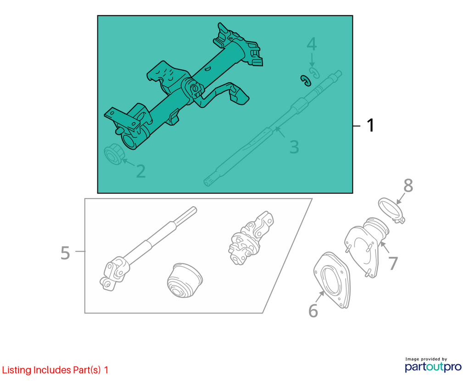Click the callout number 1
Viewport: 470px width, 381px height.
click(371, 125)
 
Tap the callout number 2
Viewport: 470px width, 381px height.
click(141, 171)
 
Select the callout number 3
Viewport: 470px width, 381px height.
click(294, 147)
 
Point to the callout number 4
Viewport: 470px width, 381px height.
click(312, 44)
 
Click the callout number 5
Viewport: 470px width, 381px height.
click(65, 253)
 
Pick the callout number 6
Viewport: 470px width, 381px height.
click(313, 311)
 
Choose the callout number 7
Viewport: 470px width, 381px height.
click(393, 263)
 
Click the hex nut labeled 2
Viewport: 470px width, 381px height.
click(114, 154)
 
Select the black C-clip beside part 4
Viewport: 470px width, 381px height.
click(305, 80)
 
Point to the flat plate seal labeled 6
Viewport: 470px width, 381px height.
click(331, 280)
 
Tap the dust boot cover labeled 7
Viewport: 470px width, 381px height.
click(366, 246)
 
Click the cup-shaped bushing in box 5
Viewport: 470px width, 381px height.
click(185, 280)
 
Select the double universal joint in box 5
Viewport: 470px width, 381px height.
click(251, 238)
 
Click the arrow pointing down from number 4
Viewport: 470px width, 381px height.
click(312, 60)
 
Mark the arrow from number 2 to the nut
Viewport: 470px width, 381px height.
click(129, 163)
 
